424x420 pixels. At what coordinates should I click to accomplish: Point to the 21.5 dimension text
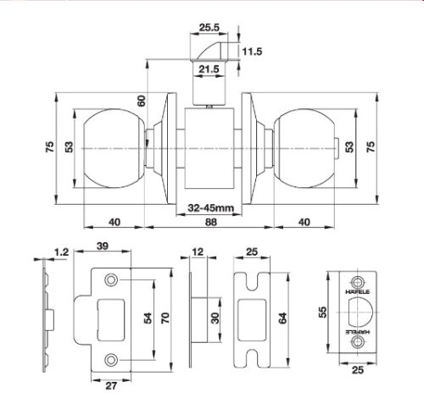(x=209, y=69)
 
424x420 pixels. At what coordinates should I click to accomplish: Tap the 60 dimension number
(x=141, y=102)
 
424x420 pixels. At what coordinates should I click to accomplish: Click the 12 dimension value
(x=198, y=251)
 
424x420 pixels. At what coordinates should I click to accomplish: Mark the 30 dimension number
(x=215, y=318)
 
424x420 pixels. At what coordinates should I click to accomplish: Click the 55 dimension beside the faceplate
(x=323, y=312)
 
